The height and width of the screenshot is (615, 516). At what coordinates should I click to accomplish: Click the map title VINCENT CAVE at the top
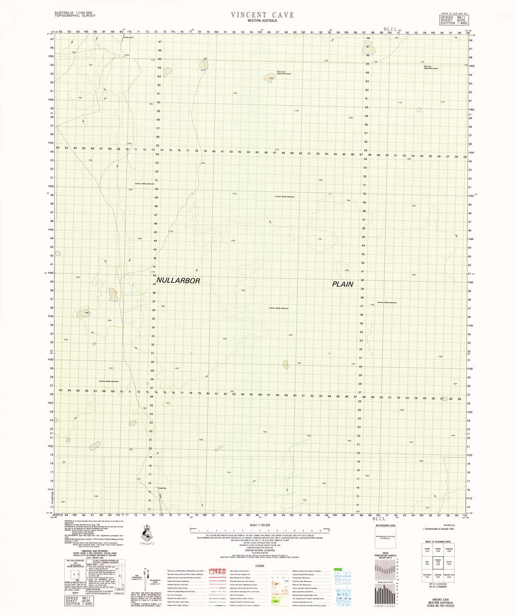[x=262, y=14]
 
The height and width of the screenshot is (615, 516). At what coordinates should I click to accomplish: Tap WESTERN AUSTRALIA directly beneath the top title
[x=262, y=22]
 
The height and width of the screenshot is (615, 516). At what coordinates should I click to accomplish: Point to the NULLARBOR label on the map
[x=177, y=280]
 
